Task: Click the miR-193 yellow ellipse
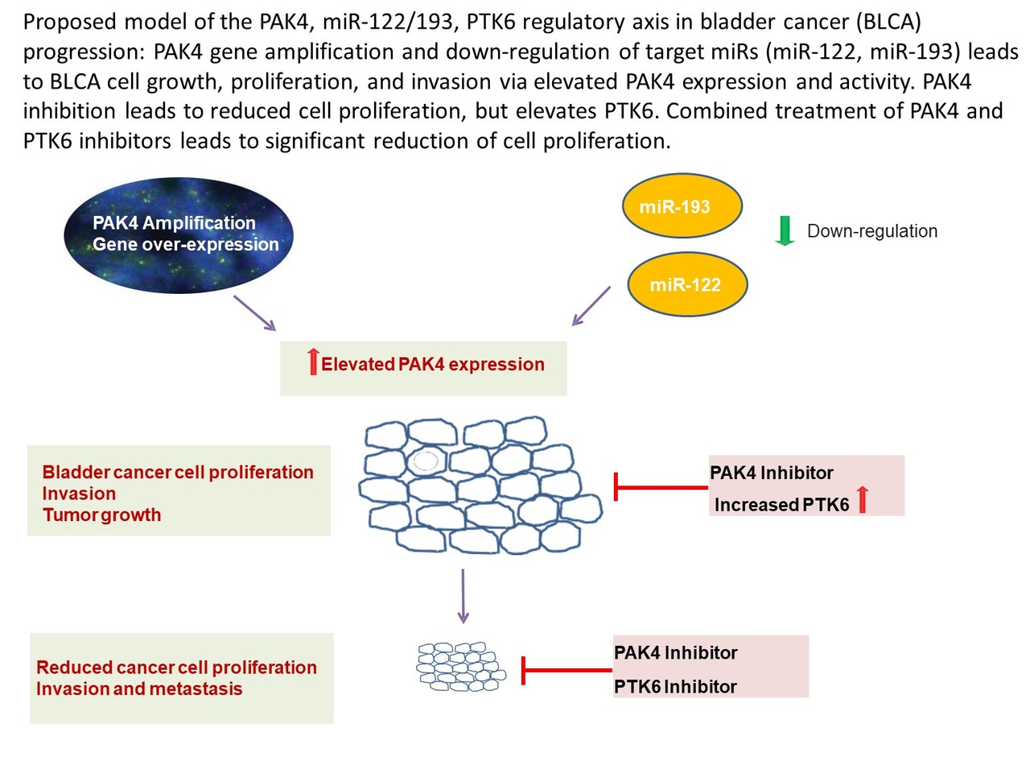coord(682,206)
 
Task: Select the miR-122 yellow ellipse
coord(687,284)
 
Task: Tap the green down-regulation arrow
coord(785,230)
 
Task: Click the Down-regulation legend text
coord(871,231)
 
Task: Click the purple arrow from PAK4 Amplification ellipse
coord(255,313)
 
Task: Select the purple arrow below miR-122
coord(591,306)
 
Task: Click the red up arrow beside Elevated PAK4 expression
coord(313,362)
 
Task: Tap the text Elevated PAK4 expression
coord(432,365)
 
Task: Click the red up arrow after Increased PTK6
coord(863,500)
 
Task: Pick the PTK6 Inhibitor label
coord(675,687)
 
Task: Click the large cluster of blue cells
coord(480,487)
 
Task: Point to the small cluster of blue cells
coord(460,666)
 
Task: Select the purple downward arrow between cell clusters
coord(463,596)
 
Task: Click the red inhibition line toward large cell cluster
coord(661,487)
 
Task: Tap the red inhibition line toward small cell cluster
coord(567,670)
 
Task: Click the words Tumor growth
coord(101,515)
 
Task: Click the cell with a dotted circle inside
coord(425,461)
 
